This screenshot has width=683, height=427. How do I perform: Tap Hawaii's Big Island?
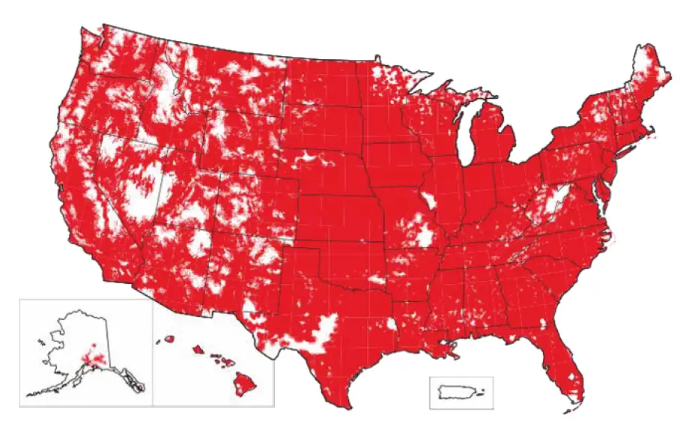point(245,384)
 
